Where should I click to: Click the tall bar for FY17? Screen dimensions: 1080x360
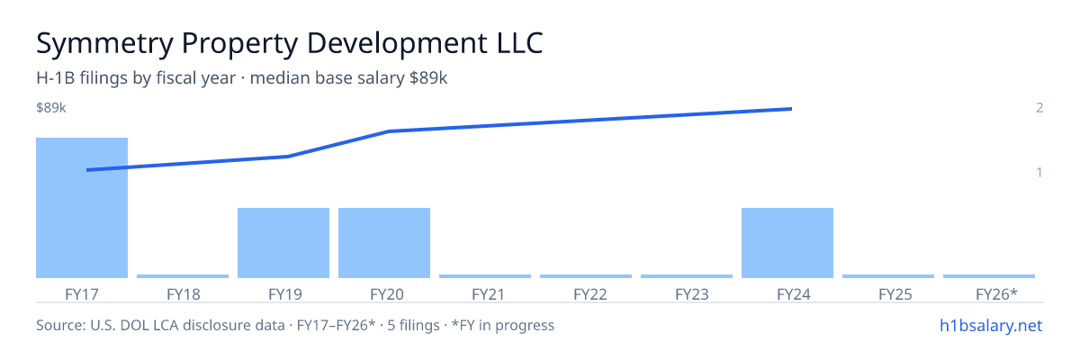(82, 208)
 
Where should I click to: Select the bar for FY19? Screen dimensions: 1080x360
(283, 243)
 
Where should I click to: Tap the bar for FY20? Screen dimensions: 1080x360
(384, 243)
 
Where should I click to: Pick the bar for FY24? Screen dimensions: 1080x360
(787, 243)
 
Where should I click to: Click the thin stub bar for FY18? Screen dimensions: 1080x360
(183, 276)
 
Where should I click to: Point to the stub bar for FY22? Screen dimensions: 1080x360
(586, 276)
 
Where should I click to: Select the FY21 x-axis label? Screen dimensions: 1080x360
(488, 294)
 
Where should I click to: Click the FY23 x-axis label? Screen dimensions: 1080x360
(692, 294)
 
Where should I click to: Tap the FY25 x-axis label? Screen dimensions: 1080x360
(895, 294)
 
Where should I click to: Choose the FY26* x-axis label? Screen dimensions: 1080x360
(996, 294)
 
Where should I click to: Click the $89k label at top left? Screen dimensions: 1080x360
(51, 107)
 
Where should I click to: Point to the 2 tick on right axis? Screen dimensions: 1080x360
(1039, 107)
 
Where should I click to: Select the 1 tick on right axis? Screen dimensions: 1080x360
(1039, 172)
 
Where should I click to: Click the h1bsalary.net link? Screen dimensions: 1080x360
(991, 325)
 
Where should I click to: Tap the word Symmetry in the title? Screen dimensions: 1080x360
(104, 44)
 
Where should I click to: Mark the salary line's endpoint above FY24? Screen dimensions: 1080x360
(791, 109)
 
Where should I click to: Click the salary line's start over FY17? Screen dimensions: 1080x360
(87, 170)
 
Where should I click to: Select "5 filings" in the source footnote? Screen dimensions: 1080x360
(413, 325)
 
